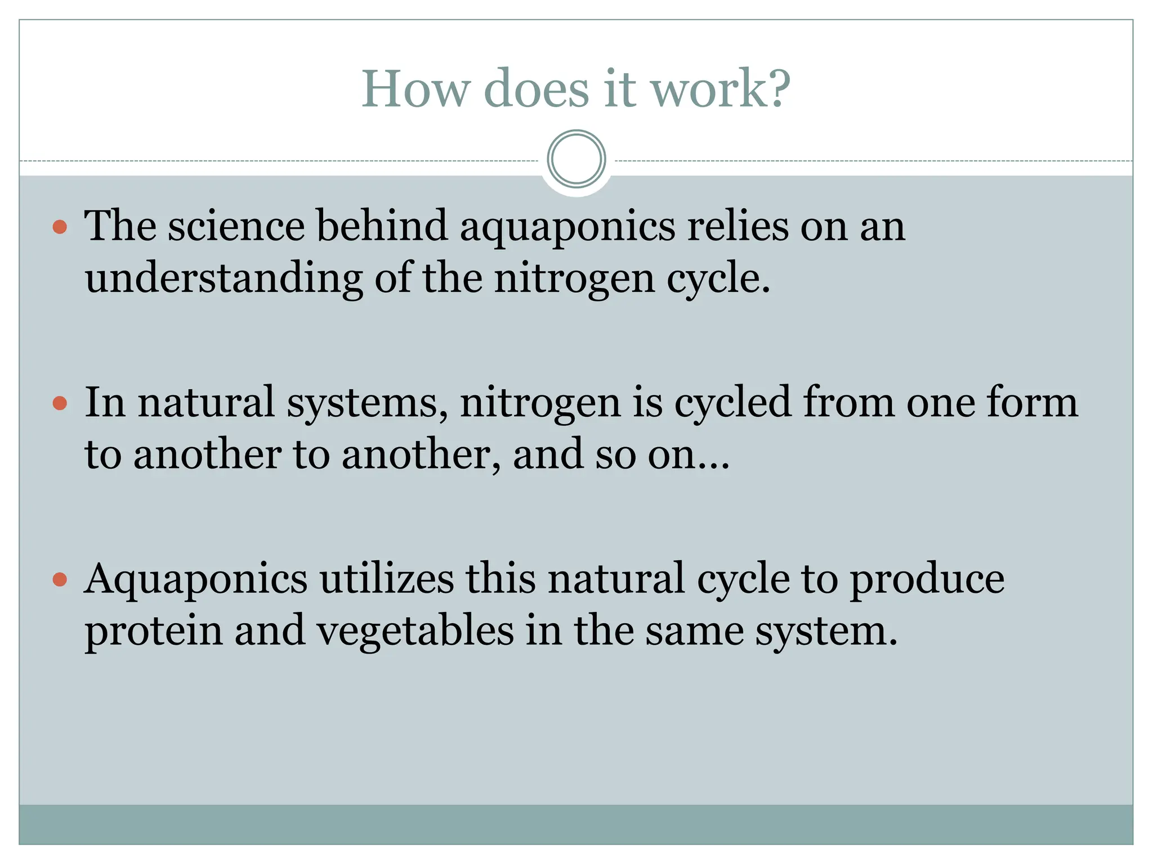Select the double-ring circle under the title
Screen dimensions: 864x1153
pyautogui.click(x=576, y=159)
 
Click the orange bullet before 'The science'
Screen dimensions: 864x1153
pyautogui.click(x=60, y=227)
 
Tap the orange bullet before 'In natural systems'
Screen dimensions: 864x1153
pyautogui.click(x=60, y=403)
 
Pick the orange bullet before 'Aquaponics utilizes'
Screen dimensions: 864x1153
pyautogui.click(x=60, y=579)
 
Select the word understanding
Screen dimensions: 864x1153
pyautogui.click(x=224, y=279)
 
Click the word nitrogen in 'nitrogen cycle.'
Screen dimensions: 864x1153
pyautogui.click(x=574, y=279)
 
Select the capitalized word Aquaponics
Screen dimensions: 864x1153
pyautogui.click(x=196, y=579)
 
